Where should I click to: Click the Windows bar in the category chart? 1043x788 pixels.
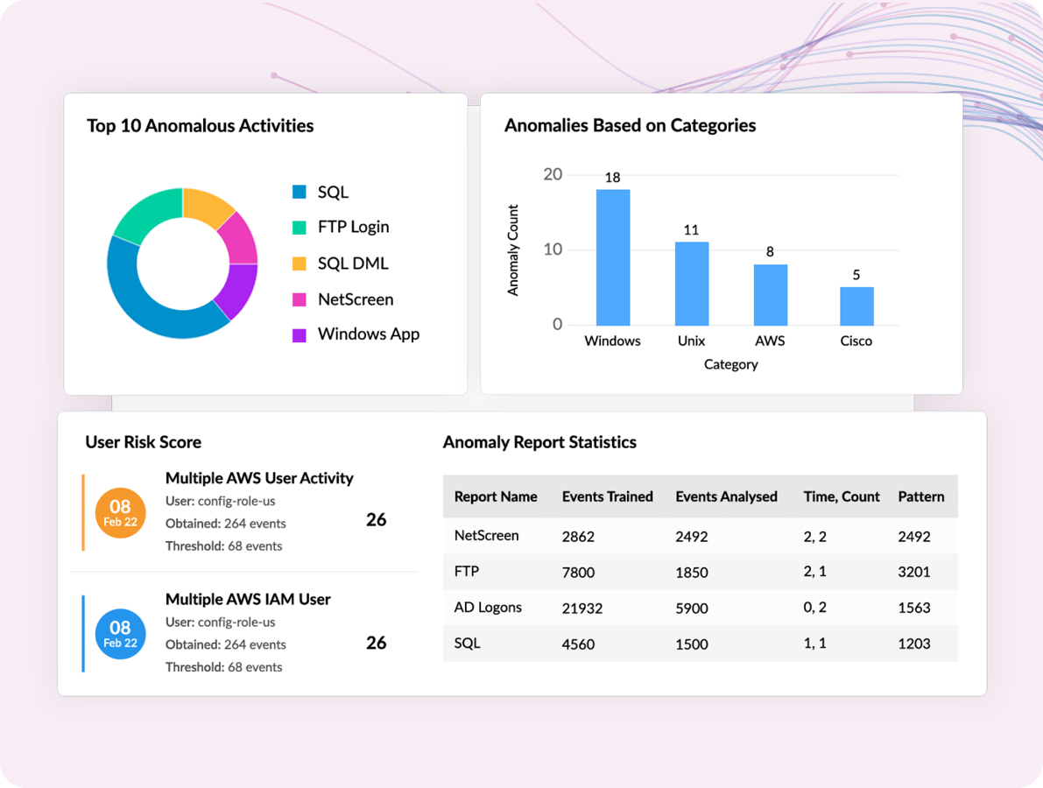point(612,257)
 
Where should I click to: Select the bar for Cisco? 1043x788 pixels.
point(856,306)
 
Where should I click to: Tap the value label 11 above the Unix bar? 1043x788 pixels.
point(691,230)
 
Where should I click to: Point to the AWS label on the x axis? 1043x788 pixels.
point(770,341)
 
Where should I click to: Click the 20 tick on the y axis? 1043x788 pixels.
point(553,174)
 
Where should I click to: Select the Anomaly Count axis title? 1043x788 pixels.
point(513,250)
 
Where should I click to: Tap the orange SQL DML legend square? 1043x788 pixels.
point(300,264)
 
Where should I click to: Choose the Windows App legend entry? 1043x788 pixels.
point(368,334)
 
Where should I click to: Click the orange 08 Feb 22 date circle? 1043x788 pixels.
point(120,512)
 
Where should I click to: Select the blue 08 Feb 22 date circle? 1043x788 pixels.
point(120,633)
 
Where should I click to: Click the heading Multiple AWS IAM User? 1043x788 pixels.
point(248,600)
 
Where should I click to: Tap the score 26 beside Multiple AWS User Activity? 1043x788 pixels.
point(376,520)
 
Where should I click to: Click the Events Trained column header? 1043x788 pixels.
point(607,496)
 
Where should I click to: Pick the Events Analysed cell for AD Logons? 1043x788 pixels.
point(692,609)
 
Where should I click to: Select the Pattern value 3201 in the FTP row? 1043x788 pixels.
point(913,573)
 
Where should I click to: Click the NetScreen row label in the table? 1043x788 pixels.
point(486,536)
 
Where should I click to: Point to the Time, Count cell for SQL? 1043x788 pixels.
point(816,644)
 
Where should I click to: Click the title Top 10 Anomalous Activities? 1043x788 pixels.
point(200,126)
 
